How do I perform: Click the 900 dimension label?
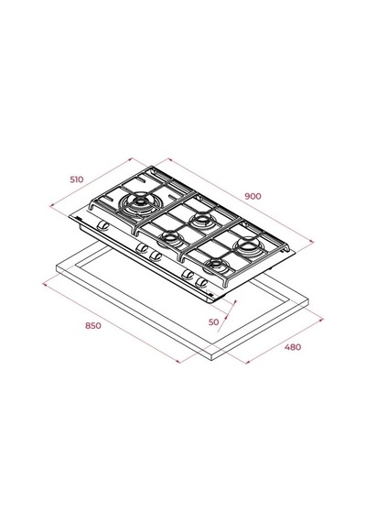point(253,196)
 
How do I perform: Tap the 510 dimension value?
point(77,179)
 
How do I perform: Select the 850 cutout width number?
point(93,325)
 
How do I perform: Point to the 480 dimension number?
point(293,347)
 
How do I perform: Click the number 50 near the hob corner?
point(213,322)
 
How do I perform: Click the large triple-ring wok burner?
point(139,204)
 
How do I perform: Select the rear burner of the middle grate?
point(201,220)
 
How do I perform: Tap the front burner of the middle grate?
point(170,238)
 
